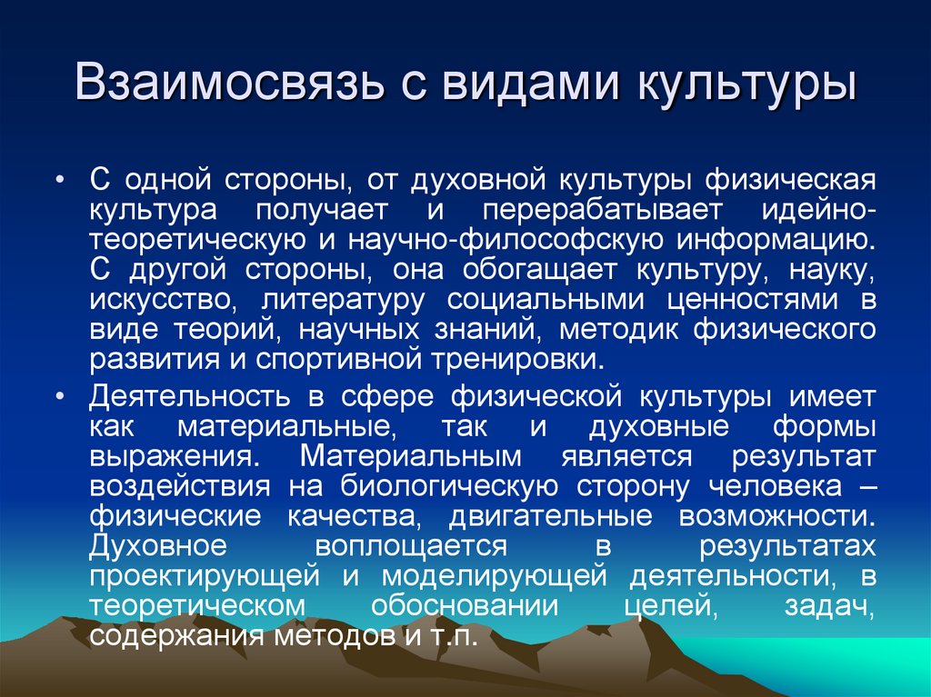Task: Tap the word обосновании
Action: point(449,605)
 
